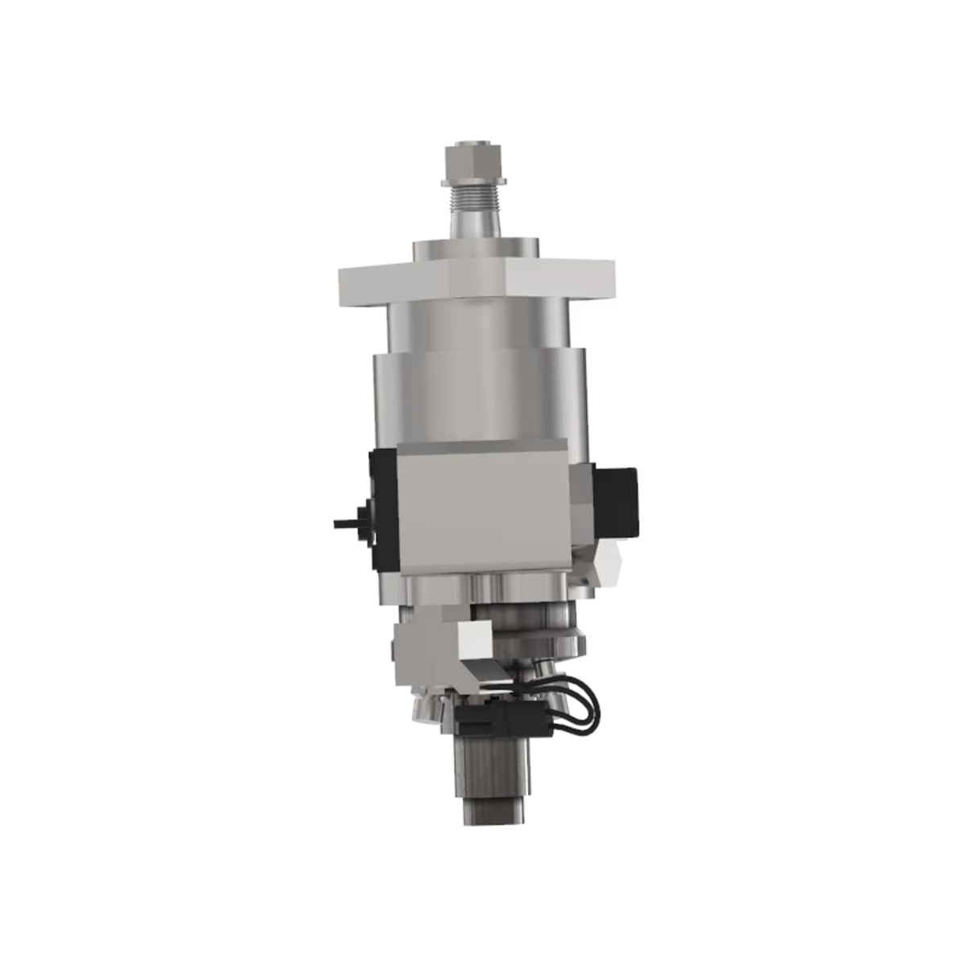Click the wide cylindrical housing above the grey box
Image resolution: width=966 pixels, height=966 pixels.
(479, 394)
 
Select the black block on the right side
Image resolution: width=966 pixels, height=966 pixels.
(617, 502)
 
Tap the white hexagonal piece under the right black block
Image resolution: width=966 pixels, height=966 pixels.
(609, 563)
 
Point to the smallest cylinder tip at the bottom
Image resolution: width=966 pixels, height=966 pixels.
(491, 813)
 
